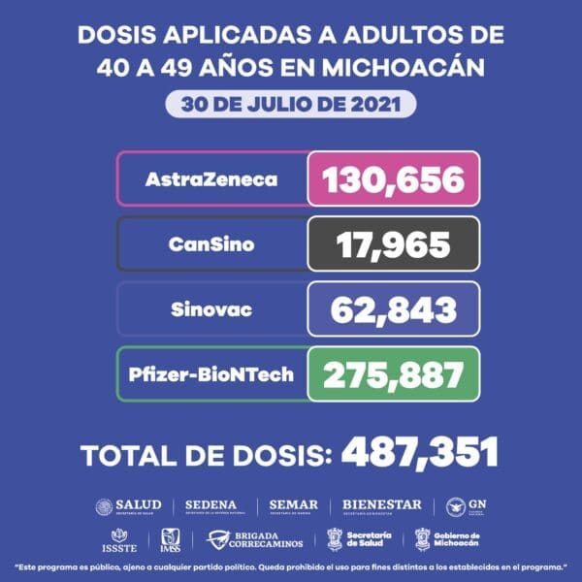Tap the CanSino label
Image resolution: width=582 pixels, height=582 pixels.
[212, 244]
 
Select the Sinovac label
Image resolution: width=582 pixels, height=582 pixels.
[212, 309]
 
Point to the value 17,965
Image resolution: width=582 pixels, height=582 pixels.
[393, 244]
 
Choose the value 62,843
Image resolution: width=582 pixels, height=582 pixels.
[393, 309]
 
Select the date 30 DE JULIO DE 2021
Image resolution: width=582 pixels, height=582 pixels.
[291, 104]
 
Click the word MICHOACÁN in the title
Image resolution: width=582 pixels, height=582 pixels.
[406, 68]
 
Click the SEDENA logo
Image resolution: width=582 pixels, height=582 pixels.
[214, 506]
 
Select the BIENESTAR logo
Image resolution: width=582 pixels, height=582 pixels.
[382, 506]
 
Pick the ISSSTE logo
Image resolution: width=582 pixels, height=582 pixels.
[120, 539]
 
